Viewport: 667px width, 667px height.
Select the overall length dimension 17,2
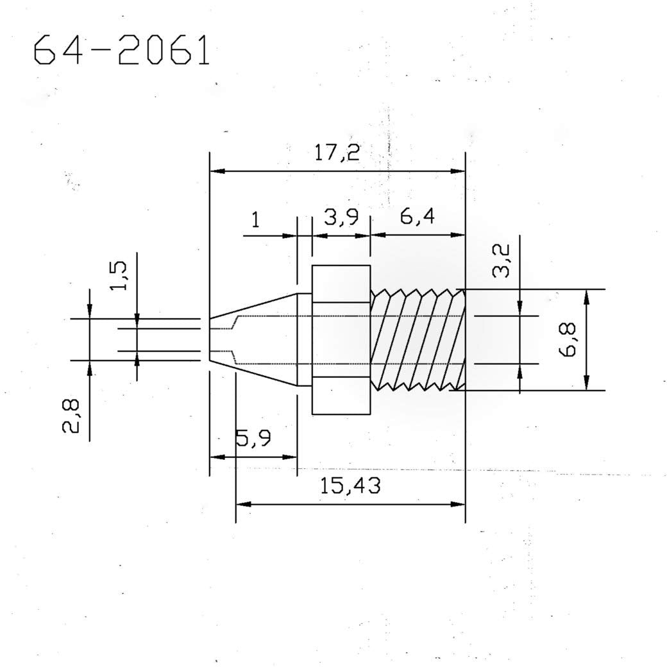(x=337, y=153)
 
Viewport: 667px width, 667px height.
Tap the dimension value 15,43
(x=351, y=486)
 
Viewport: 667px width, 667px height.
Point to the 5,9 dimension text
(x=253, y=439)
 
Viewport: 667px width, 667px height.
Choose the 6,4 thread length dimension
(x=417, y=217)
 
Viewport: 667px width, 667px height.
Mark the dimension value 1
(x=255, y=220)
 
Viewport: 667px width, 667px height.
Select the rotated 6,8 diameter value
(x=568, y=339)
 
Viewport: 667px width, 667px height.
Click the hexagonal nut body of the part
(x=341, y=339)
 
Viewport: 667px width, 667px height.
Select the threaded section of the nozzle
(x=418, y=339)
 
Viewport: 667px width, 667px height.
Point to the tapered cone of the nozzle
(x=257, y=339)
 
